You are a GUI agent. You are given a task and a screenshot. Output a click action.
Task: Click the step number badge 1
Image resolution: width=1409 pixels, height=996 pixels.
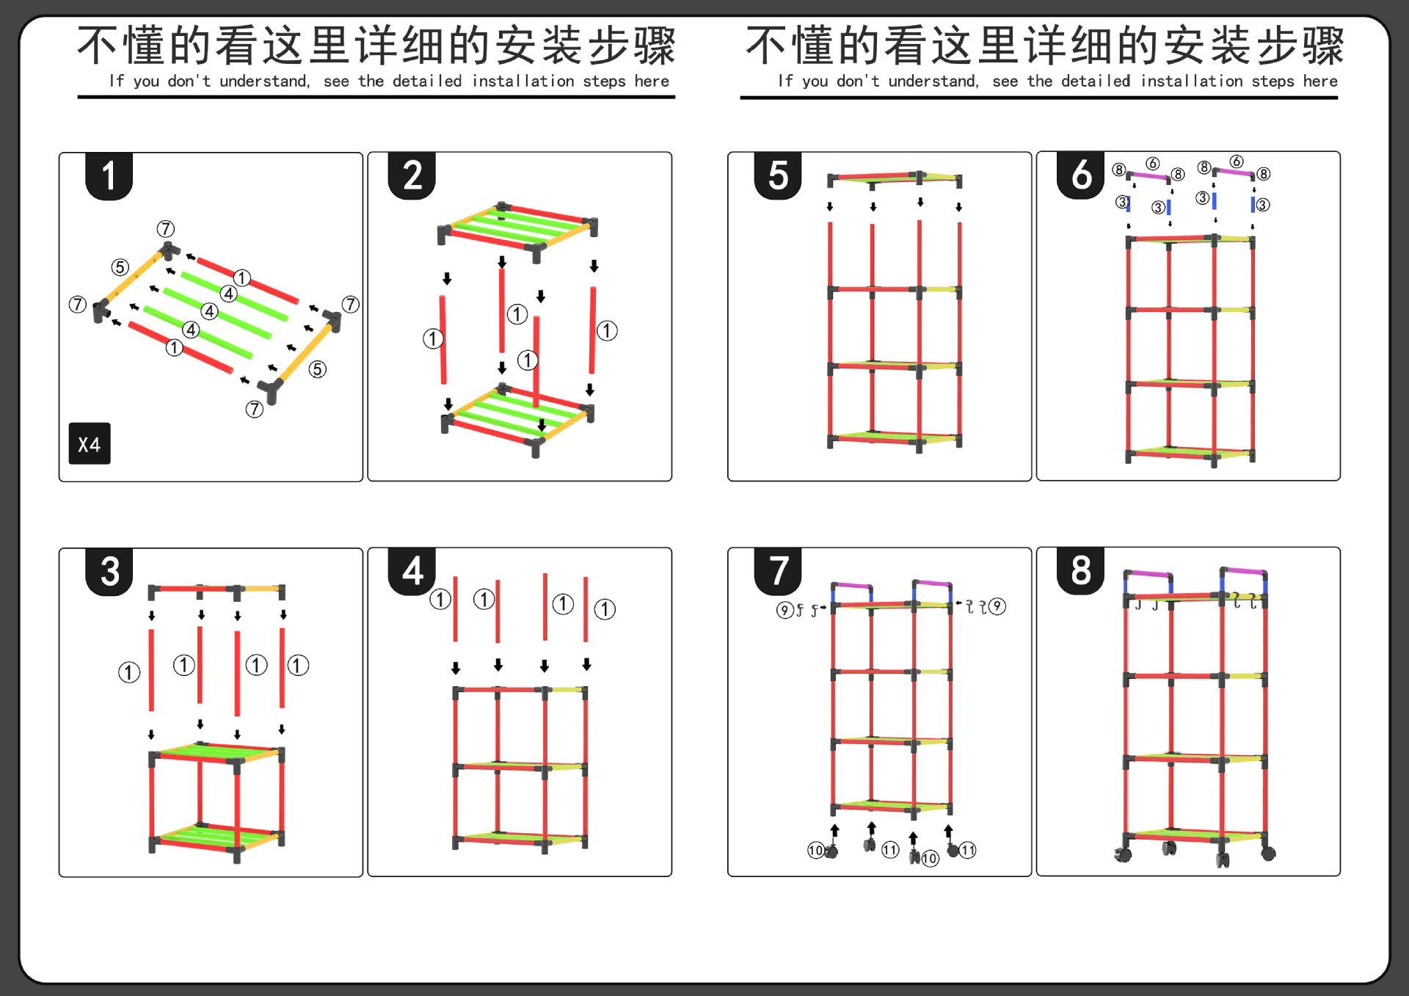[x=109, y=176]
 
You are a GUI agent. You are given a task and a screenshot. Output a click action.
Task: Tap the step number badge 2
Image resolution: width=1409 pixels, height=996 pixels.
[x=412, y=176]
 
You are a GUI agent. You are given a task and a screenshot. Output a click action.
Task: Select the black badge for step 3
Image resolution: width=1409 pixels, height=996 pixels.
[x=109, y=572]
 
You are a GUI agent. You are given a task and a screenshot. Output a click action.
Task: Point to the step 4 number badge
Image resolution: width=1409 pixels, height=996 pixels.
[x=412, y=571]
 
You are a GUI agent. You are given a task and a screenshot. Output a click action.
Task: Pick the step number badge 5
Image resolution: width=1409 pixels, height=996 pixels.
[x=778, y=176]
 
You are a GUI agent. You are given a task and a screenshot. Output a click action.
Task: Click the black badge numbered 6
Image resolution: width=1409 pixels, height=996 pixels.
[x=1081, y=175]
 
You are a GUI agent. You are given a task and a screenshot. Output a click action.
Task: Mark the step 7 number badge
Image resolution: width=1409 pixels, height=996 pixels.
[x=778, y=571]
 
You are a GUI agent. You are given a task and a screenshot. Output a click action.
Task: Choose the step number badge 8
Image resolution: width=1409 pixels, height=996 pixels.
[x=1081, y=570]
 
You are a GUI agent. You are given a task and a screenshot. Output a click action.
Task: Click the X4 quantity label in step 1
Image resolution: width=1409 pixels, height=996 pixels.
[x=90, y=444]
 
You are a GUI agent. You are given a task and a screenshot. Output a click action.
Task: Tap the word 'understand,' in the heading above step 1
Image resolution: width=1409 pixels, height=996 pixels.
[x=265, y=81]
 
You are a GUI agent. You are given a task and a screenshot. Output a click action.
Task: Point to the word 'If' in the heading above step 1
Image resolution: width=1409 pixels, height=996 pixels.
[x=116, y=81]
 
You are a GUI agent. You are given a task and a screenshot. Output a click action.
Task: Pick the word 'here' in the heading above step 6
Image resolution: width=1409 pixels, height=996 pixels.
[x=1320, y=81]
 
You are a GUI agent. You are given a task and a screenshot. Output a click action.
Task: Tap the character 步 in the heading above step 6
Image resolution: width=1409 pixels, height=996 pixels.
[x=1278, y=46]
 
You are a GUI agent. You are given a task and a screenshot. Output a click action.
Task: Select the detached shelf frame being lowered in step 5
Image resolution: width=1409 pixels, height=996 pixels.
[x=895, y=178]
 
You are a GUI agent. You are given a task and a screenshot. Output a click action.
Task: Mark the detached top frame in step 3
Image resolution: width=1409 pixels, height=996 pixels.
[x=216, y=589]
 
